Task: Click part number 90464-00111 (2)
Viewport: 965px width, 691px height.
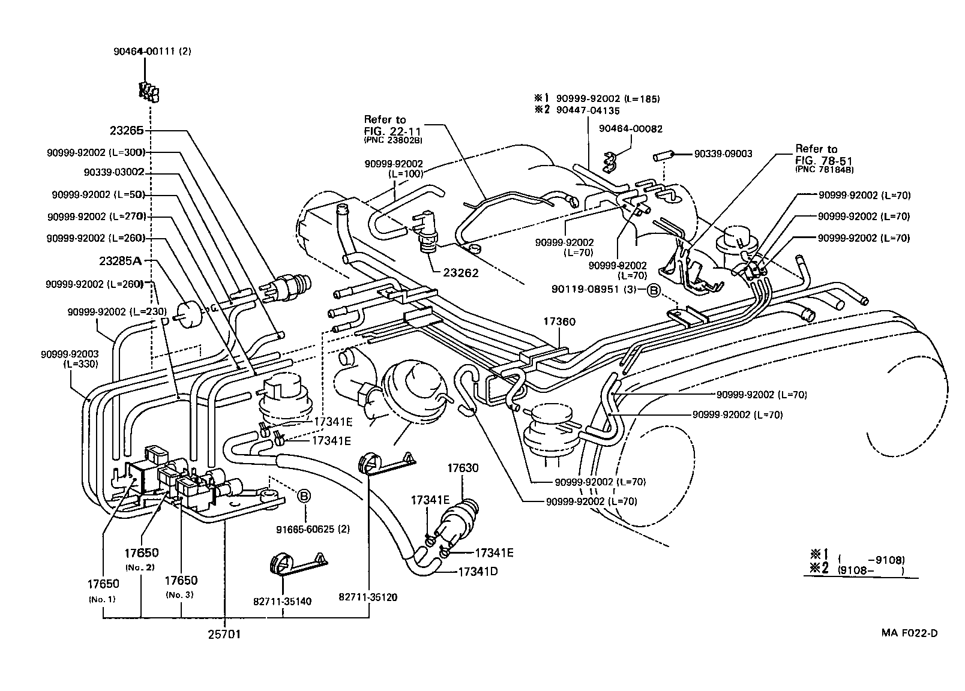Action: point(152,52)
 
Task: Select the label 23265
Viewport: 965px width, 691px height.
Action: point(127,130)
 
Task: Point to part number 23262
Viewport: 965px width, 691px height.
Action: point(461,273)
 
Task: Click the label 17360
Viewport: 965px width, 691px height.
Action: point(559,322)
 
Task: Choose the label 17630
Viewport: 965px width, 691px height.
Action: point(462,468)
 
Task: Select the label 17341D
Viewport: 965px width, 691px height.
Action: point(478,572)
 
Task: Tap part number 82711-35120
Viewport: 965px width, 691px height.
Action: point(368,597)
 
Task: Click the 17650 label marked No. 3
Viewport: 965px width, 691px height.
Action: point(181,581)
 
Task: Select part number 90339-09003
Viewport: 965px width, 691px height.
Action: point(723,154)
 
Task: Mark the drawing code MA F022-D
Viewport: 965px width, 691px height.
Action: point(909,633)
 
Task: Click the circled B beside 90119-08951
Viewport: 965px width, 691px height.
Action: point(652,290)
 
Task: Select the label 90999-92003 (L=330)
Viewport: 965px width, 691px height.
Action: point(70,359)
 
